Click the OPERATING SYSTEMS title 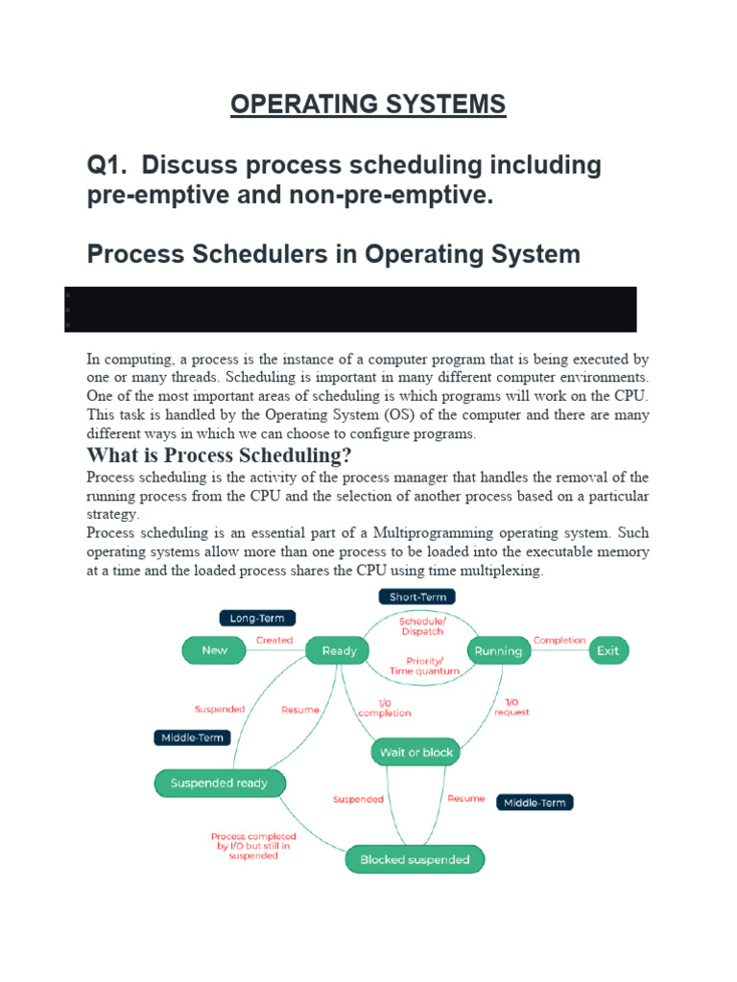coord(368,104)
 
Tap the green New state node coord(214,650)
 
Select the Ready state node coord(339,650)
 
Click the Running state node coord(498,650)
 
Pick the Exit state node coord(607,650)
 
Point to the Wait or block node coord(416,753)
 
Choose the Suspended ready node coord(219,783)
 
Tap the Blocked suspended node coord(415,860)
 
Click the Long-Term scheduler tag coord(257,619)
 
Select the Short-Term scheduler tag coord(416,596)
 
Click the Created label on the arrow coord(274,641)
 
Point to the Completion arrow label coord(559,640)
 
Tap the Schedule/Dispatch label coord(421,625)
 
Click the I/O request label coord(511,707)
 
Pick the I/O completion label coord(384,709)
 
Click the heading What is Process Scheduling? coord(219,455)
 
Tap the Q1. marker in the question coord(108,166)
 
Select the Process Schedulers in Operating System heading coord(333,254)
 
